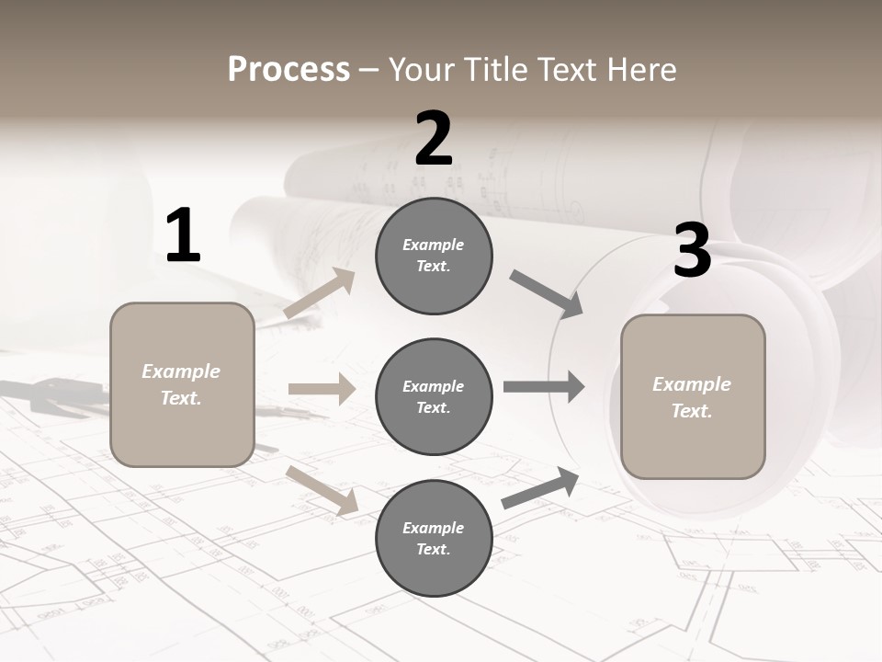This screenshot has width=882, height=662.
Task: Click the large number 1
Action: (183, 235)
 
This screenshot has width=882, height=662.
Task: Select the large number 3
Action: (692, 250)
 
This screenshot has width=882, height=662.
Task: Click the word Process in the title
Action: (288, 69)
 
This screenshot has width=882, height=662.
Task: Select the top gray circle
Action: (434, 256)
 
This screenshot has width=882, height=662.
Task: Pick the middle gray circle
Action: (434, 396)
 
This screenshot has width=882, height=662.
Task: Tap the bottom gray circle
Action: (434, 538)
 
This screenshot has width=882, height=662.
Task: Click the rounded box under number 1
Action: (182, 384)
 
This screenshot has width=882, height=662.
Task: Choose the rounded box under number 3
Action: (693, 396)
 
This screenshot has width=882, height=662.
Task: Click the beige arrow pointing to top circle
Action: (320, 293)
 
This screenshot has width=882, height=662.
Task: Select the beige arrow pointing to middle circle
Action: (322, 389)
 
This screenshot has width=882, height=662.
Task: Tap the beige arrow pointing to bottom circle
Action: (322, 489)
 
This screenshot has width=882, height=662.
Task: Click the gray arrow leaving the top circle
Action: (547, 294)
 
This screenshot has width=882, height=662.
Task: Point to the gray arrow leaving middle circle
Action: (544, 386)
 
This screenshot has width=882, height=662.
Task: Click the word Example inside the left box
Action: (181, 371)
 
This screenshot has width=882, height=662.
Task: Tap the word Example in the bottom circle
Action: (433, 528)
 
